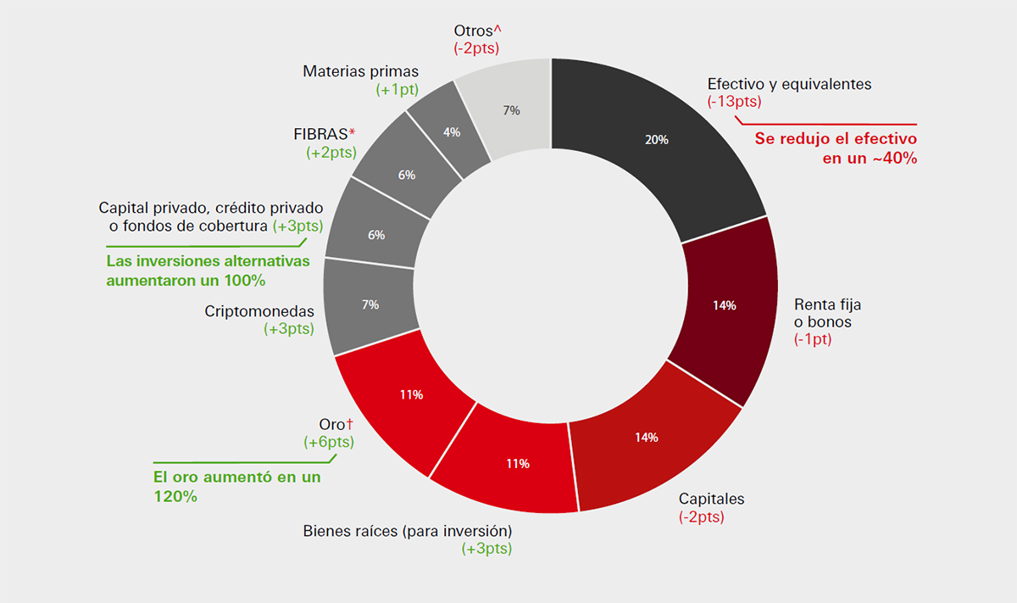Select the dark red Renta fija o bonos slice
point(725,305)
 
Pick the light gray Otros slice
point(511,110)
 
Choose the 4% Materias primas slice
point(452,132)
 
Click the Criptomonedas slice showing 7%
point(370,304)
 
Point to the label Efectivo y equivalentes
point(789,85)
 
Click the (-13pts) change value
point(734,102)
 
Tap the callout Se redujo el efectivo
point(836,148)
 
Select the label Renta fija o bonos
point(827,313)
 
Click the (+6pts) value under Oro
point(329,442)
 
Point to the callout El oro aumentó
point(236,487)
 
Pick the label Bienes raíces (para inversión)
point(408,532)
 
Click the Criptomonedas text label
point(259,311)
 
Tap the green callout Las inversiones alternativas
point(208,271)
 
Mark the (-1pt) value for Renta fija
point(813,339)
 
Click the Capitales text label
point(712,499)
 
